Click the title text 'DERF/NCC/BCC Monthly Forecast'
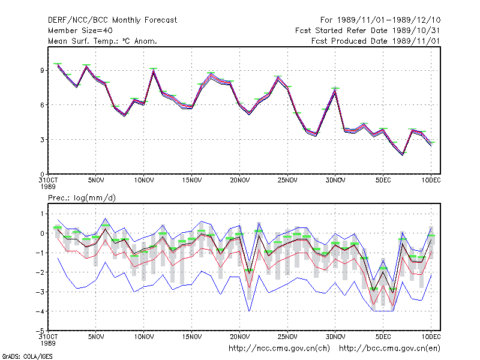(112, 20)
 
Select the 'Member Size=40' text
(80, 31)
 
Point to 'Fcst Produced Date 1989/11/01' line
(376, 41)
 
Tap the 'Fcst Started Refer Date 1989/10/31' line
(367, 31)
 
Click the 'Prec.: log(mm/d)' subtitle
(82, 198)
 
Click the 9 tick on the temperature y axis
(42, 70)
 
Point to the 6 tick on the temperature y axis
(42, 105)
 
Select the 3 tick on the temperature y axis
(42, 140)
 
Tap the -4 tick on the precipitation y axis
(40, 311)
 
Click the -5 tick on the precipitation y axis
(40, 331)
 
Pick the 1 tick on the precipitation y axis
(42, 214)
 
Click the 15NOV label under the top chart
(192, 181)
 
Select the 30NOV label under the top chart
(335, 181)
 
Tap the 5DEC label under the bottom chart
(383, 337)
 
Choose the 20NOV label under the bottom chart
(239, 337)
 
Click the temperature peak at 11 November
(154, 71)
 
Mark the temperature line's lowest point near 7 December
(403, 155)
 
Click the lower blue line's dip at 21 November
(249, 311)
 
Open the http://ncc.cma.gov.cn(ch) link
(279, 349)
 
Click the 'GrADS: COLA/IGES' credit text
(27, 356)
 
